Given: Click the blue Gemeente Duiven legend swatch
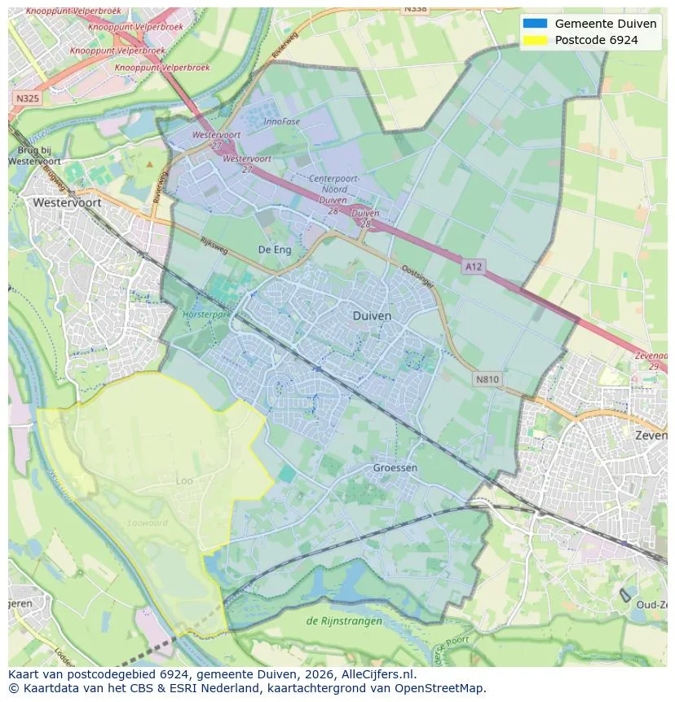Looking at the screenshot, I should click(x=535, y=24).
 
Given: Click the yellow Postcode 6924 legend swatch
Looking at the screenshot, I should click(x=535, y=40).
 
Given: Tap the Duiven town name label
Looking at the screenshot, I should click(x=372, y=316).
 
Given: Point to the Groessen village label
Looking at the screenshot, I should click(x=395, y=468).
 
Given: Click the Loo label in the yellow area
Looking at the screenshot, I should click(x=185, y=481).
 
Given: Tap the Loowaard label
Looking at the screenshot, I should click(x=148, y=523).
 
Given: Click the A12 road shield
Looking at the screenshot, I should click(x=473, y=266).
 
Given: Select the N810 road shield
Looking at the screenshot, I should click(x=487, y=379).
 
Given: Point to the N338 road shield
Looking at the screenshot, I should click(x=415, y=8).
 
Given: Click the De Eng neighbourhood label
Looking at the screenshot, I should click(x=275, y=249).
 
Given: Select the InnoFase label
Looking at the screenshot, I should click(x=282, y=122).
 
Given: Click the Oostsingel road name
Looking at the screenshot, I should click(x=418, y=275).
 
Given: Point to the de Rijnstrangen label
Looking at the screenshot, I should click(x=343, y=621).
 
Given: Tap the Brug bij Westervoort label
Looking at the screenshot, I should click(x=34, y=156).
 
